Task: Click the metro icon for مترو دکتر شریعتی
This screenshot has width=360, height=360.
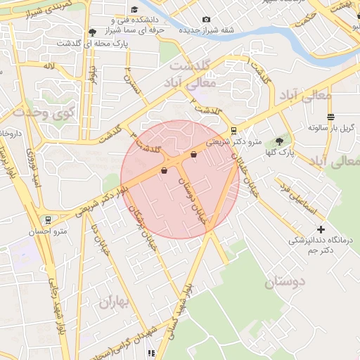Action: (x=233, y=130)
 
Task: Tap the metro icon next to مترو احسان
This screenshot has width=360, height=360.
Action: (x=48, y=220)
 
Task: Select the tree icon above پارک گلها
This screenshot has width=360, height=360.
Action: (x=279, y=141)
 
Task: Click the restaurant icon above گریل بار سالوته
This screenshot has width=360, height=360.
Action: (x=330, y=117)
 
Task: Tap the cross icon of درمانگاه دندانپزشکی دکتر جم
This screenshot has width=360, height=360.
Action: (x=321, y=229)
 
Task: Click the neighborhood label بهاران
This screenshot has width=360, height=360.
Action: (x=116, y=303)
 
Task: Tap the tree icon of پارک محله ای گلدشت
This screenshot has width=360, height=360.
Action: (x=93, y=32)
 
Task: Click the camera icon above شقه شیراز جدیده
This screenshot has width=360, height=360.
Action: (x=206, y=20)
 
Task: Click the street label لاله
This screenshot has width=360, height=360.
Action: (x=49, y=66)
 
